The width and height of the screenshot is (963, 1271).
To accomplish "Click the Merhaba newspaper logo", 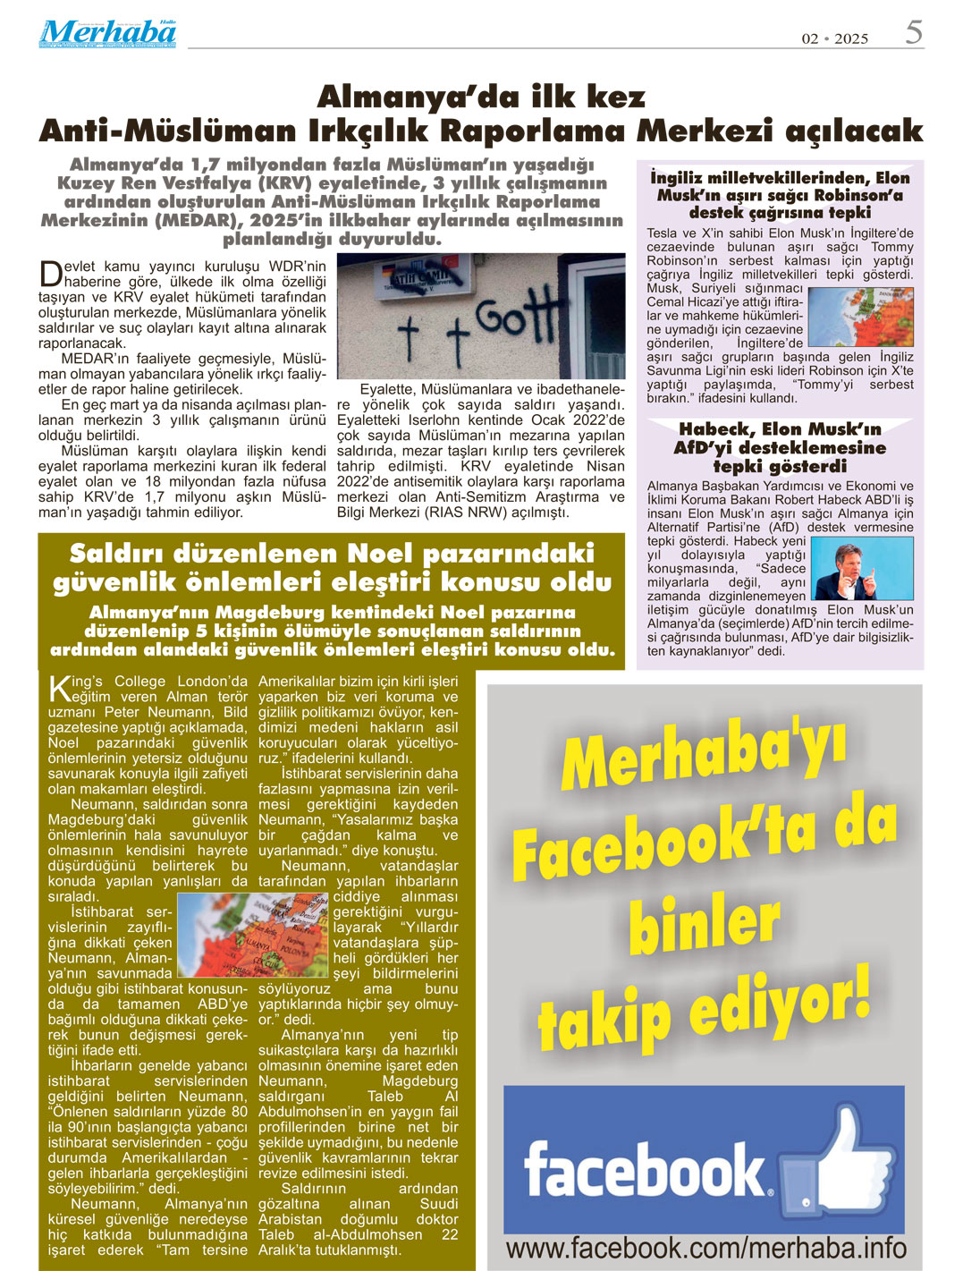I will (106, 33).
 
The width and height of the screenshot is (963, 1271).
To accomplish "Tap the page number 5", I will (913, 32).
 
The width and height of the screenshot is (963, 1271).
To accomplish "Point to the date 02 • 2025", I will (834, 38).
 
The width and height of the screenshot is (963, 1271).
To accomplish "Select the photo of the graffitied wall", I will (480, 316).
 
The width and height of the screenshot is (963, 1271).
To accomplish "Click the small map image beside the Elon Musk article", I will (859, 317).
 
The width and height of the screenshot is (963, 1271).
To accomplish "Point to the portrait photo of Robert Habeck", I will (859, 568).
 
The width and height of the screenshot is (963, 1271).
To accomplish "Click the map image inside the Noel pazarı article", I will (253, 934).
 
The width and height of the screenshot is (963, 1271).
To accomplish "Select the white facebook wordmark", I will (646, 1168).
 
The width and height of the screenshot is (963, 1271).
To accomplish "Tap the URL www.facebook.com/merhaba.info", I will (705, 1248).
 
